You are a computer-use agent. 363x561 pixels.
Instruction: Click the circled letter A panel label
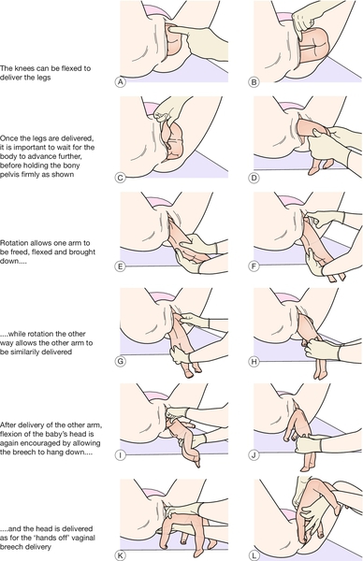coord(121,82)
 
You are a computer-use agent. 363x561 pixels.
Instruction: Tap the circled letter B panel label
coord(254,82)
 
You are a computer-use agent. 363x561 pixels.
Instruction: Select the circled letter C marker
coord(121,178)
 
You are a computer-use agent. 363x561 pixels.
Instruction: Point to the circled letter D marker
coord(254,178)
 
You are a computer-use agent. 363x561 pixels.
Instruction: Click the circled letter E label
coord(121,266)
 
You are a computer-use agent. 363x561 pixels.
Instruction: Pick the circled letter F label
coord(254,266)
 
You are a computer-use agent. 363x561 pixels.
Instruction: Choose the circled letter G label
coord(121,361)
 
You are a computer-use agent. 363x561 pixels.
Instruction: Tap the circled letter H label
coord(254,361)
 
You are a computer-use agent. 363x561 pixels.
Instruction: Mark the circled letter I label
coord(121,455)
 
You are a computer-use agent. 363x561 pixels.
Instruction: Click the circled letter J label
coord(254,455)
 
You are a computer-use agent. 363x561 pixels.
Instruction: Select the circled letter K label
coord(121,555)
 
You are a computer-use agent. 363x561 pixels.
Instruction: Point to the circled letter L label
coord(254,555)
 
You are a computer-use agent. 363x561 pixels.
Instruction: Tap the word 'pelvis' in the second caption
coord(9,174)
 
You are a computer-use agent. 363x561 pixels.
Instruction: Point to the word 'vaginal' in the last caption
coord(84,538)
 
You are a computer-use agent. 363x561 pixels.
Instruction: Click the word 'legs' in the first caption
coord(43,78)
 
